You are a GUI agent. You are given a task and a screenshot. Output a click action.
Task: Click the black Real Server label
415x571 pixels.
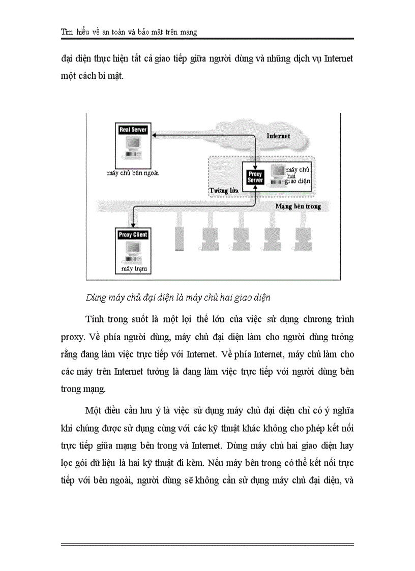[133, 130]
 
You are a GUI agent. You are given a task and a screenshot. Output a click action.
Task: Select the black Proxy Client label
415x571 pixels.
[133, 235]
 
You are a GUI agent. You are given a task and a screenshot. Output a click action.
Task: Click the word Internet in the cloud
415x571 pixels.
[278, 136]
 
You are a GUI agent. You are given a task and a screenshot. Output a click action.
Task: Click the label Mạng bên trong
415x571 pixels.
[298, 206]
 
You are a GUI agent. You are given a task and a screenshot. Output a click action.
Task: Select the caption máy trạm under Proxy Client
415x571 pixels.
[130, 268]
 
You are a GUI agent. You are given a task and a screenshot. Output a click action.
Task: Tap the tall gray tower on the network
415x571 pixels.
[179, 237]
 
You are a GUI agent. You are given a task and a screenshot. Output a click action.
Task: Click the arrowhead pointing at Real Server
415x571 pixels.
[155, 135]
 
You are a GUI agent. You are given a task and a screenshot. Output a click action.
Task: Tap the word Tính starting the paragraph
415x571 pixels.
[96, 319]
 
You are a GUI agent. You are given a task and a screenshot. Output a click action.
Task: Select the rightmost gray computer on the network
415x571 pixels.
[304, 237]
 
